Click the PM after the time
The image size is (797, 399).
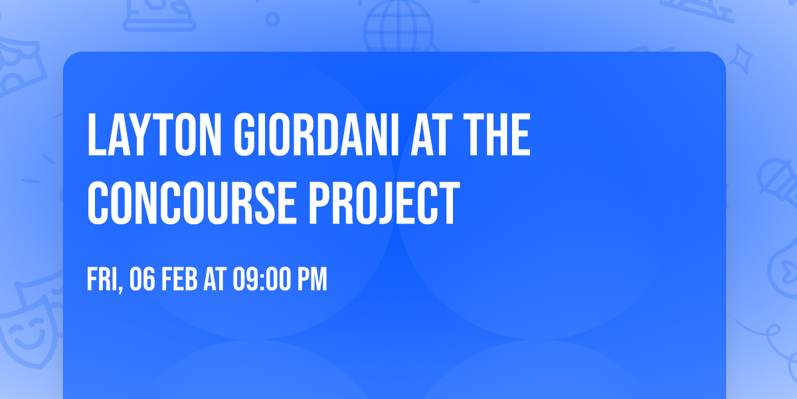point(311,280)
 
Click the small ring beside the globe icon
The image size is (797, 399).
point(272,18)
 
